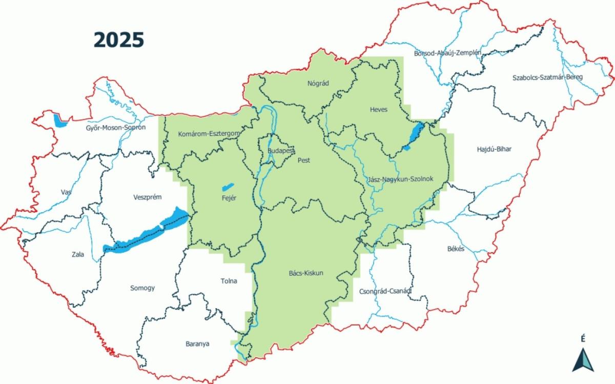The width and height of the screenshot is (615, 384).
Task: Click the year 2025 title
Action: pos(118,39)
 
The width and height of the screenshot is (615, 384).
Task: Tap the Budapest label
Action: pos(280,151)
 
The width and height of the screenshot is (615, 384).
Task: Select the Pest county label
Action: pos(304,160)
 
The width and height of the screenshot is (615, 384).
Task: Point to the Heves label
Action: pos(379,110)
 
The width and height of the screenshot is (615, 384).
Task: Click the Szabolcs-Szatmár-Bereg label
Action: pos(547,78)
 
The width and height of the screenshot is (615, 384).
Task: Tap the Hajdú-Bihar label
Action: pos(494,149)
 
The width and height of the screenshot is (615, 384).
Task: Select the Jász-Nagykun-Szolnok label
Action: pos(401,179)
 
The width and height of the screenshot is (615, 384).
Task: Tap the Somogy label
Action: pos(142,288)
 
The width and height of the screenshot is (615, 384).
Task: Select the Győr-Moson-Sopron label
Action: pos(116,127)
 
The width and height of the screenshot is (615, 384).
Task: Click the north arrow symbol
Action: pos(583,359)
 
